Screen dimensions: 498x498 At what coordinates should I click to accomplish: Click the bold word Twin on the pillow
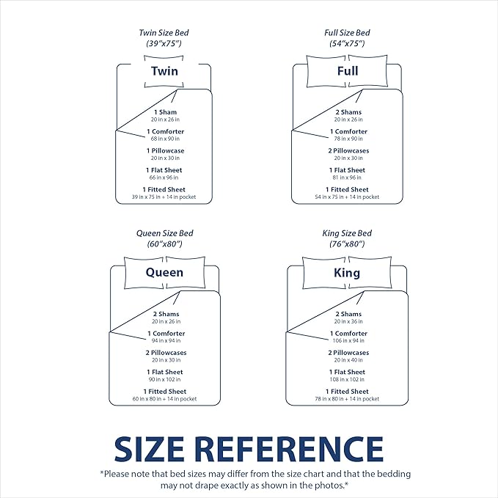pos(164,71)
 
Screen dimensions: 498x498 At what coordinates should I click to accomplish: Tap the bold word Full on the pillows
pos(348,71)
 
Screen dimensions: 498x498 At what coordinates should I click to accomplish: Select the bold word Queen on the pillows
pos(164,273)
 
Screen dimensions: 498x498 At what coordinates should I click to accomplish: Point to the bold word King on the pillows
pos(347,273)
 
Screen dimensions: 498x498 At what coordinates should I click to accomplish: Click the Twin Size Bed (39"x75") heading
pos(164,38)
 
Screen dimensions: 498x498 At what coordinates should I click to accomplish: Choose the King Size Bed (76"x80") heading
pos(347,238)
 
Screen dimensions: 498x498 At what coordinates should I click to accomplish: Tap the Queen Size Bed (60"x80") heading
pos(164,238)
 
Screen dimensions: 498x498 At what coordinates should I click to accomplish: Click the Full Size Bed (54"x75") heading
pos(347,38)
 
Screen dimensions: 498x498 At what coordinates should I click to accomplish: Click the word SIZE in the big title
pos(150,449)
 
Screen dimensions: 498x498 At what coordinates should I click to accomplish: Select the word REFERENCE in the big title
pos(289,449)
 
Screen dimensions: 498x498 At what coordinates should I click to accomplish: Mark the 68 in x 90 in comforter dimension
pos(165,139)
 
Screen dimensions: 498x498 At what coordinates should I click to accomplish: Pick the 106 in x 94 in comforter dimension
pos(348,341)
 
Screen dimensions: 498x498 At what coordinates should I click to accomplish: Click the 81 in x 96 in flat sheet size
pos(347,177)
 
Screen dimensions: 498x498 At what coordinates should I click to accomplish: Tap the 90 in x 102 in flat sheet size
pos(164,379)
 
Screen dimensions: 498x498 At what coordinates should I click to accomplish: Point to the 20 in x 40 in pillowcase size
pos(348,360)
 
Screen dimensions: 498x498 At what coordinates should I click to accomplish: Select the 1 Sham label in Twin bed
pos(166,112)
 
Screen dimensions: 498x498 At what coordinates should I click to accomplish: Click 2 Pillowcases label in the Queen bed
pos(166,353)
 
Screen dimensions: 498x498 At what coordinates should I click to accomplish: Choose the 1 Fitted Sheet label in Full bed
pos(347,190)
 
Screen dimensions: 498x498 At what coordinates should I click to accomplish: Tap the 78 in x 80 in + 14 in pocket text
pos(347,399)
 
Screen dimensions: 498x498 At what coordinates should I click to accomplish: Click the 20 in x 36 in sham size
pos(348,321)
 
